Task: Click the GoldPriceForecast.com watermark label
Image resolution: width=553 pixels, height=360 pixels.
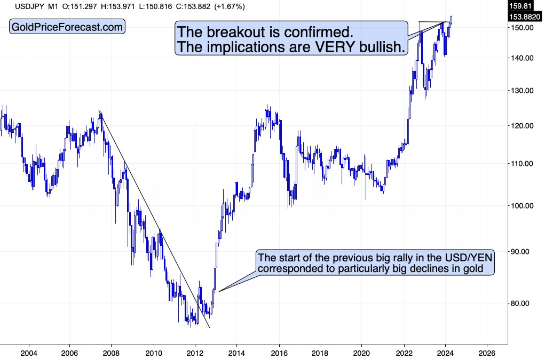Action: click(67, 27)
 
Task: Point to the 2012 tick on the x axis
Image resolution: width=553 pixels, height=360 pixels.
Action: click(195, 353)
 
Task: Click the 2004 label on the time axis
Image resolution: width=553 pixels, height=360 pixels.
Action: click(29, 353)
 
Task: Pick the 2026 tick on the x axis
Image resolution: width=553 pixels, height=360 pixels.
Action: click(486, 353)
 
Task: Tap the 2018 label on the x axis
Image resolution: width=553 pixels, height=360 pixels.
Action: click(320, 353)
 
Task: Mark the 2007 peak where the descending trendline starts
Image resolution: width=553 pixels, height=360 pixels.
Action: click(100, 111)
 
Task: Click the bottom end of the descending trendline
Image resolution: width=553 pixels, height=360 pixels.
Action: click(210, 327)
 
